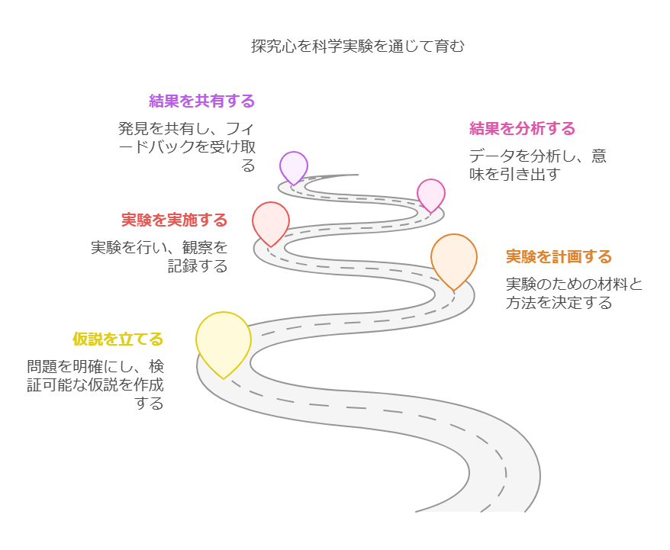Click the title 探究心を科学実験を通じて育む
pos(358,46)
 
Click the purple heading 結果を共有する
pos(201,101)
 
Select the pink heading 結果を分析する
pos(522,128)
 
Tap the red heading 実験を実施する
pos(175,220)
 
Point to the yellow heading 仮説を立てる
pos(118,339)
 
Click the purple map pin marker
pos(293,166)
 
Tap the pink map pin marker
pos(431,193)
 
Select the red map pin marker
pos(271,220)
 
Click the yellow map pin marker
pos(223,340)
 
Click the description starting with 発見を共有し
pos(186,146)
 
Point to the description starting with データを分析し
pos(537,165)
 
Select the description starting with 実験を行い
pos(159,256)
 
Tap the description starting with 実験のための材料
pos(574,294)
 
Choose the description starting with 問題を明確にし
pos(95,384)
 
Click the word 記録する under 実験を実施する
pos(198,266)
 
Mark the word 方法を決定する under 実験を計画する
pos(559,303)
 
